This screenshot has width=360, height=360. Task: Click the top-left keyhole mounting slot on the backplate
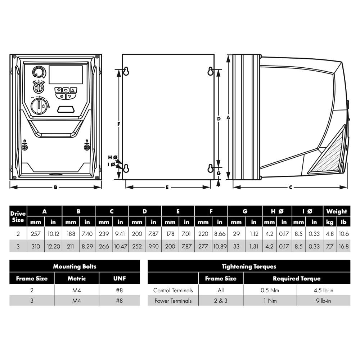tap(126, 71)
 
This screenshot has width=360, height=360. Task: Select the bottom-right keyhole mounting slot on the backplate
tap(211, 168)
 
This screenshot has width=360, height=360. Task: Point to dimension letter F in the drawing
tap(119, 124)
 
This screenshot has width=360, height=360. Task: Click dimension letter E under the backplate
tap(168, 187)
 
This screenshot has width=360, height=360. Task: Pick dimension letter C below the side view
tap(290, 187)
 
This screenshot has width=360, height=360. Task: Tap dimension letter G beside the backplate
tap(219, 173)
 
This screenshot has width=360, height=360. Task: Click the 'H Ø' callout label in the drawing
tap(113, 157)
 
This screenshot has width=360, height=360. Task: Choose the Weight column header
tap(337, 211)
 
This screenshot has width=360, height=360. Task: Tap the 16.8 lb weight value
tap(344, 247)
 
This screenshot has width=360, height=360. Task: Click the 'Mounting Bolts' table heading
tap(75, 266)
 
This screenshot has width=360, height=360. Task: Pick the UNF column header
tap(119, 278)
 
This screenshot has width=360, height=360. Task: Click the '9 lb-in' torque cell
tap(323, 301)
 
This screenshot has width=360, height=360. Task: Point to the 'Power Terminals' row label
tap(173, 301)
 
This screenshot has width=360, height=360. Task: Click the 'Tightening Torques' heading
tap(249, 266)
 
